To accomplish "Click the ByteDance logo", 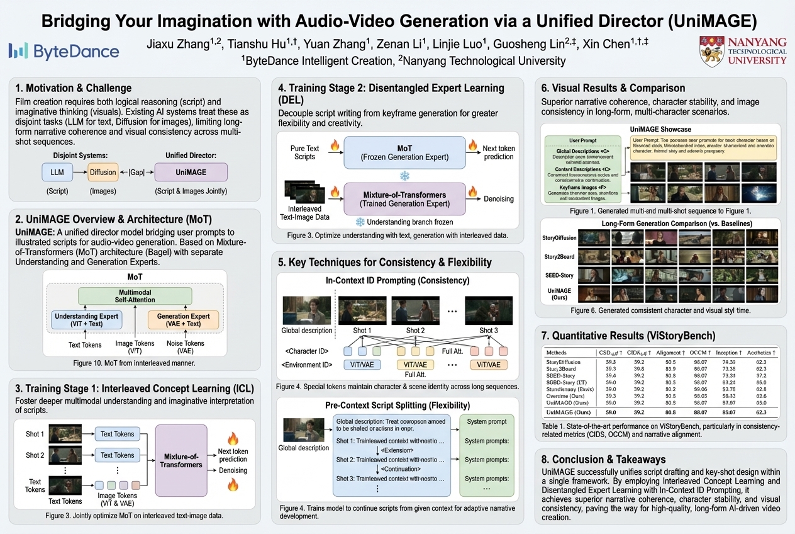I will click(x=64, y=51).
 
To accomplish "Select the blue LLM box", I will click(x=57, y=172).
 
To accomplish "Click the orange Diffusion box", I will click(x=103, y=172).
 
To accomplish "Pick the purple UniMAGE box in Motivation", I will click(x=191, y=172).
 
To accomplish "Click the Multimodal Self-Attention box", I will click(x=135, y=297).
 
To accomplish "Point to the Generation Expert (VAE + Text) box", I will click(x=183, y=320).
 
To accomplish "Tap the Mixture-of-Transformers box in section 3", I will click(x=181, y=460).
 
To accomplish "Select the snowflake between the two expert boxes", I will click(x=404, y=174).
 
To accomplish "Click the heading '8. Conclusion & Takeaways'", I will click(x=604, y=459).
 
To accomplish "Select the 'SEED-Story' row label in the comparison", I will click(x=557, y=275).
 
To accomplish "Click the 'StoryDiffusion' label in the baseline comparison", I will click(x=557, y=238).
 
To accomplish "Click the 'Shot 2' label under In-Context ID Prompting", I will click(x=414, y=331).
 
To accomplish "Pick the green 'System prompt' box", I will click(x=486, y=421).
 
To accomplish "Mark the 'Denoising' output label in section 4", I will click(x=498, y=199).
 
